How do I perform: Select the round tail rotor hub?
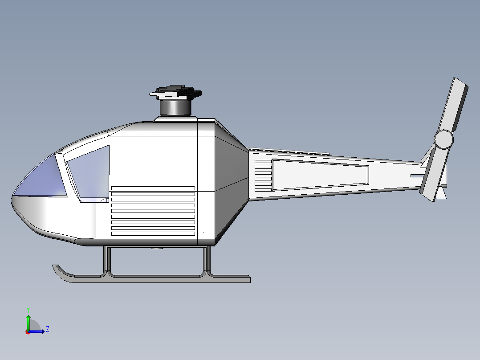coord(443,139)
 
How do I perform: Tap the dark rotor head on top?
coord(176,92)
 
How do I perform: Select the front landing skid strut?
coord(107,261)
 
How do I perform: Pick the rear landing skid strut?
coord(207,261)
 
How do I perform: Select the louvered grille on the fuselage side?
coord(153,211)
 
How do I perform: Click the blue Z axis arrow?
coord(40,331)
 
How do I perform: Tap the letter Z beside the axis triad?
coord(47,329)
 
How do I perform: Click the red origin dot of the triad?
coord(28,331)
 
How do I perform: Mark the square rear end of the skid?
coord(248,279)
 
